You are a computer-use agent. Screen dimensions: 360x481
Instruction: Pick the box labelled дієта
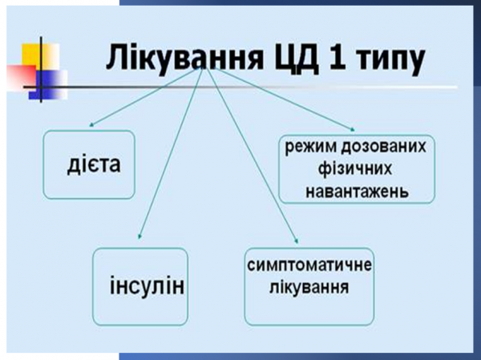[88, 164]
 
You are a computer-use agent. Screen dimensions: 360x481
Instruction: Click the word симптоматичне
[309, 267]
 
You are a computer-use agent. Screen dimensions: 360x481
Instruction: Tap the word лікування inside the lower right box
[309, 288]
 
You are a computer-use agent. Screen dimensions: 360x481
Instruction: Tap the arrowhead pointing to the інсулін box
[139, 237]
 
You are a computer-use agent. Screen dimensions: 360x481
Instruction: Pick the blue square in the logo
[53, 83]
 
